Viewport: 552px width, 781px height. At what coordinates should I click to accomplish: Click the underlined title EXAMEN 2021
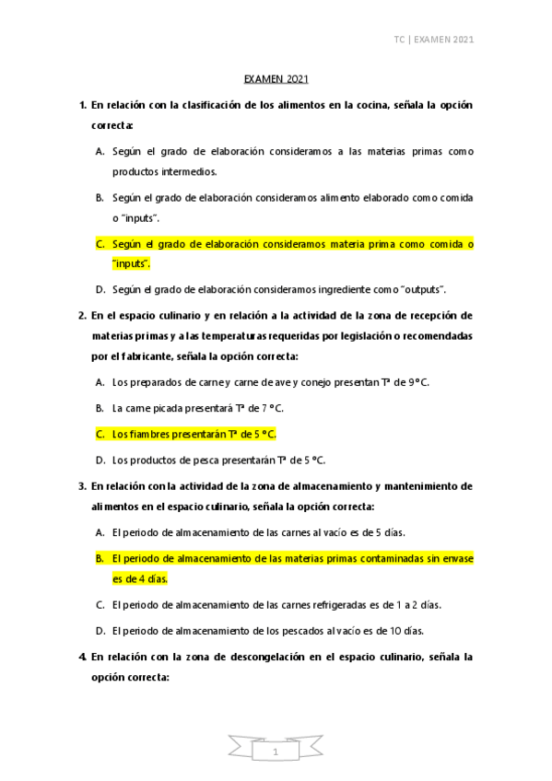tap(276, 81)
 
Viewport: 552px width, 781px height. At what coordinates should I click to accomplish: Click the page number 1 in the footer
tap(276, 752)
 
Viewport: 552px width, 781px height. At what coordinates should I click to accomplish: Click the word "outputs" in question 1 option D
tap(419, 289)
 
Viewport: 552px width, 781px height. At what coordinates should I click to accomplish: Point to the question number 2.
tap(82, 315)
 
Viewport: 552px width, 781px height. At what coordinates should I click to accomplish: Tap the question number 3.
tap(82, 484)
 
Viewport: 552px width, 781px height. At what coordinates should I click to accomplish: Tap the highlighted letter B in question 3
tap(99, 558)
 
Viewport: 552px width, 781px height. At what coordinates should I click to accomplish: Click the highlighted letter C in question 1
tap(99, 244)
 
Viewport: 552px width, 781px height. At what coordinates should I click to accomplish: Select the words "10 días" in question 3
tap(405, 631)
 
